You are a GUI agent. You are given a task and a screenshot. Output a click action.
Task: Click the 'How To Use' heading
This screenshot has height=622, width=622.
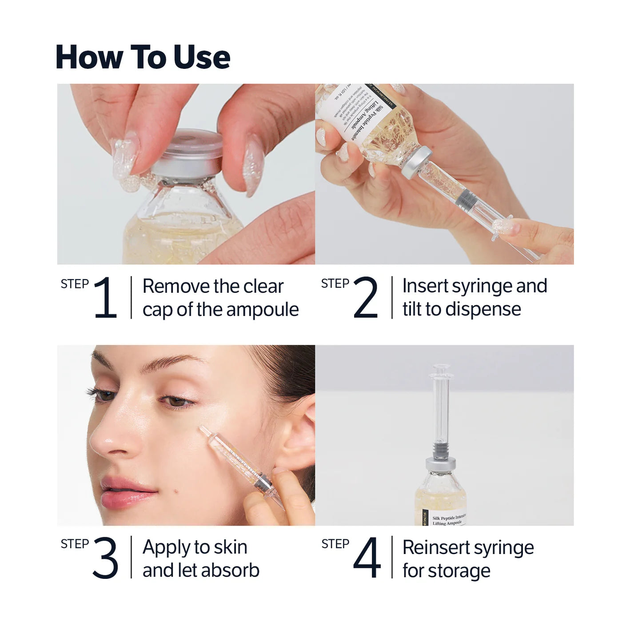pyautogui.click(x=143, y=57)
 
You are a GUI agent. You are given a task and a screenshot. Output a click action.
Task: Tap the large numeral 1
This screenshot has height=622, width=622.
pyautogui.click(x=106, y=297)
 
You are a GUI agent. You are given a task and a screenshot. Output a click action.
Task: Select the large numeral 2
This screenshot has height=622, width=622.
pyautogui.click(x=366, y=297)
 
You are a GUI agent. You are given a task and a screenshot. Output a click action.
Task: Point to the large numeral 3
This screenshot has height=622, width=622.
pyautogui.click(x=106, y=558)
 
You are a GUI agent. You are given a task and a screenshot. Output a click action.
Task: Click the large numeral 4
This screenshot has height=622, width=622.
pyautogui.click(x=367, y=558)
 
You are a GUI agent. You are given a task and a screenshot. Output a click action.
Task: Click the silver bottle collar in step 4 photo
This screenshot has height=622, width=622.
pyautogui.click(x=440, y=463)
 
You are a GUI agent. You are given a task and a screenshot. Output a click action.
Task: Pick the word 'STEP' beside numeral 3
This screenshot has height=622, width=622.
pyautogui.click(x=75, y=544)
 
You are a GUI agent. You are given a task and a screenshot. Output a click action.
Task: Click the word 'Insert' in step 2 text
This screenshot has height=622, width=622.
pyautogui.click(x=425, y=286)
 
